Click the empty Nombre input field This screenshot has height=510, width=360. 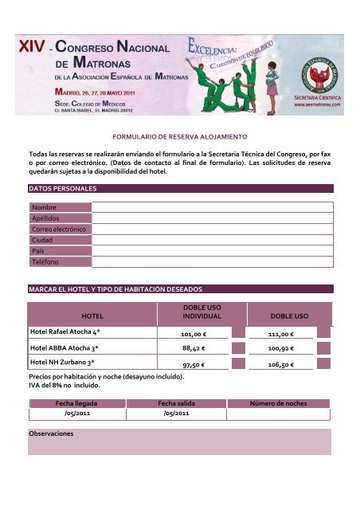pos(211,206)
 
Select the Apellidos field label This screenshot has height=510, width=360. pos(45,218)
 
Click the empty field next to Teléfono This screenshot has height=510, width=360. pos(211,261)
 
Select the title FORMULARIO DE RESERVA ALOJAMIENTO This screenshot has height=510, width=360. pos(180,137)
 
